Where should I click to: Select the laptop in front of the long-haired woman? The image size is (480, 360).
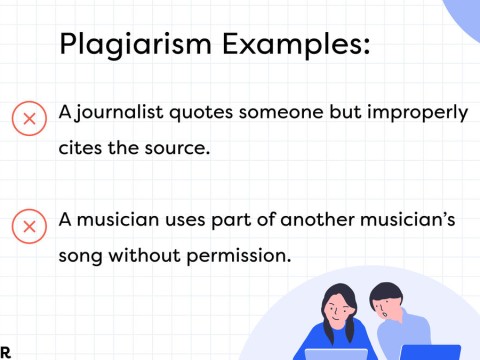(336, 353)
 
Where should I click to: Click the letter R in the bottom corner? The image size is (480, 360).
(5, 351)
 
